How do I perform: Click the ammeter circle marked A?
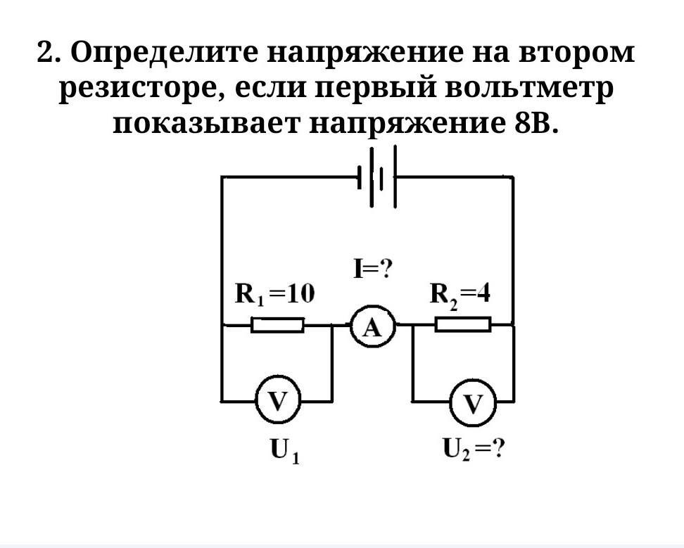pos(373,326)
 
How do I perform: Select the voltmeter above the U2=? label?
pos(473,403)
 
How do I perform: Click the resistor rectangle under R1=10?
pos(278,325)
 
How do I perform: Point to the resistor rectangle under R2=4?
pos(462,324)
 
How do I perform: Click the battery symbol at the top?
pos(379,177)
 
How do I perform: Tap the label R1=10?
pos(274,294)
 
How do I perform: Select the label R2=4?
pos(460,294)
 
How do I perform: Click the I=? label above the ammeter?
pos(373,269)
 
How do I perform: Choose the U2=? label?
pos(473,450)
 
